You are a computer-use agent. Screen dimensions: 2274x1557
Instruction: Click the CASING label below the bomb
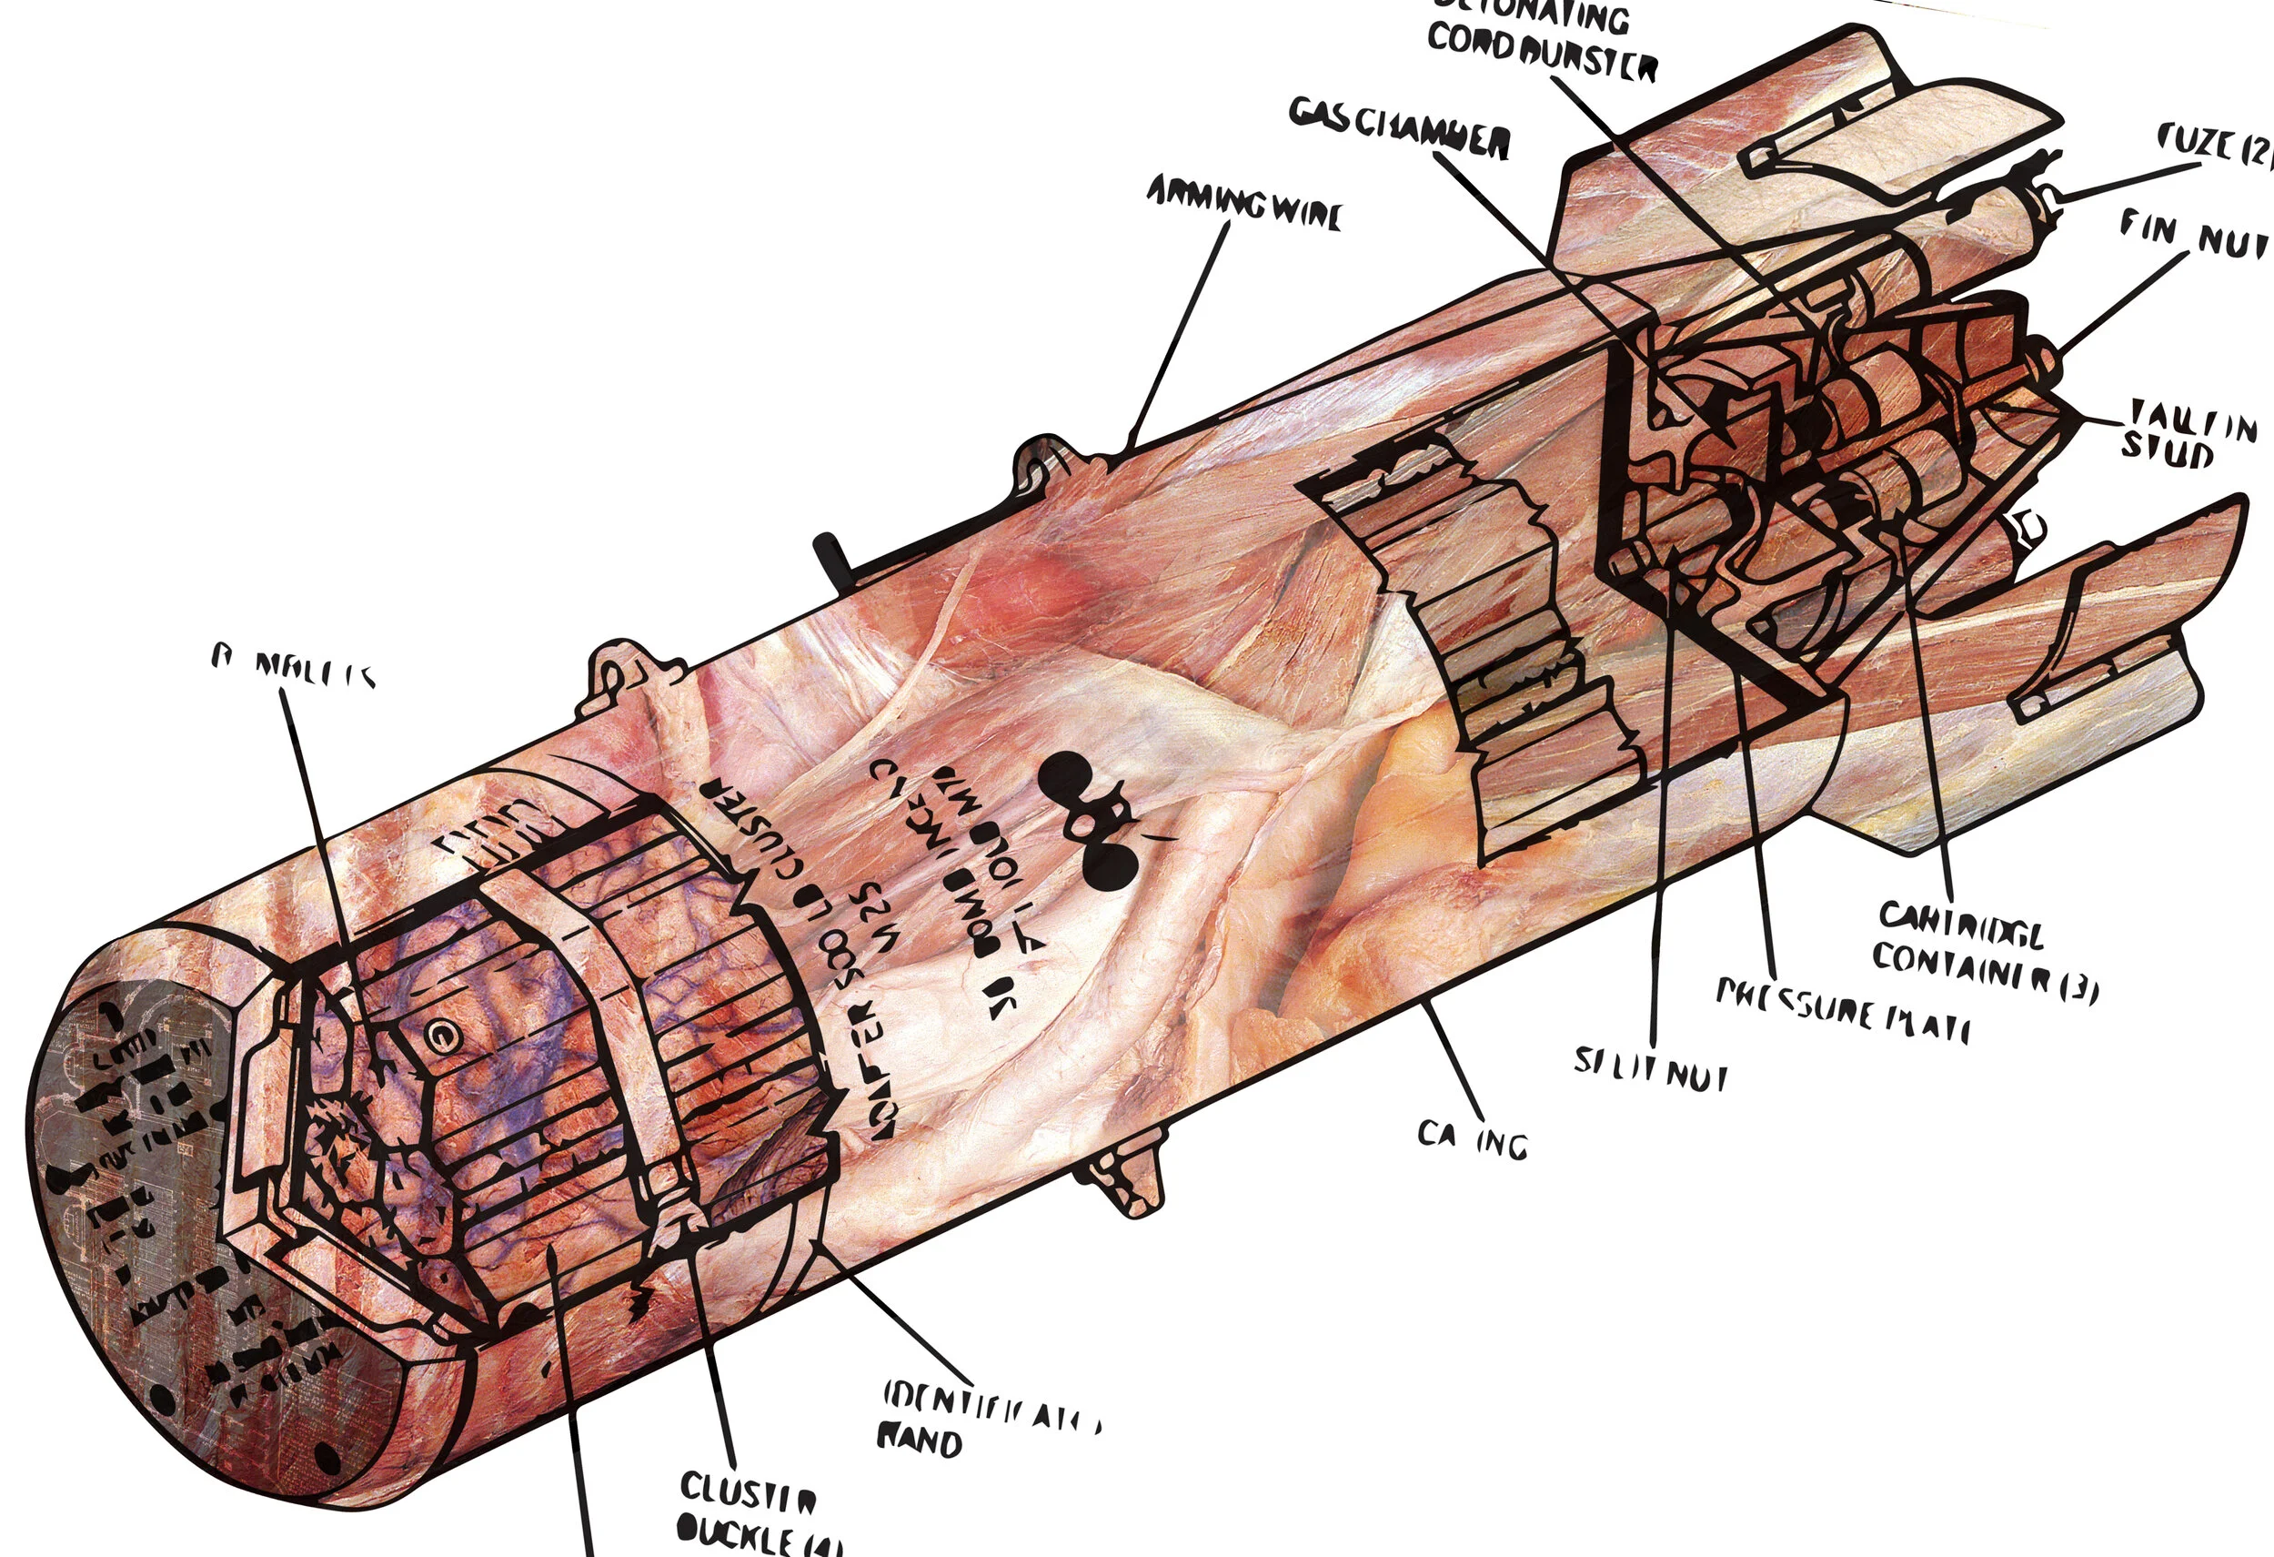tap(1472, 1140)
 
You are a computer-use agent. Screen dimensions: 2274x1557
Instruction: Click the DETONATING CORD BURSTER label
tap(1541, 39)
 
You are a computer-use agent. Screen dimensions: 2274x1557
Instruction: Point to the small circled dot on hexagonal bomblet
tap(441, 1033)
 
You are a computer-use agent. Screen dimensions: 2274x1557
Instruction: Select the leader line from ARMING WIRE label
tap(1179, 333)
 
